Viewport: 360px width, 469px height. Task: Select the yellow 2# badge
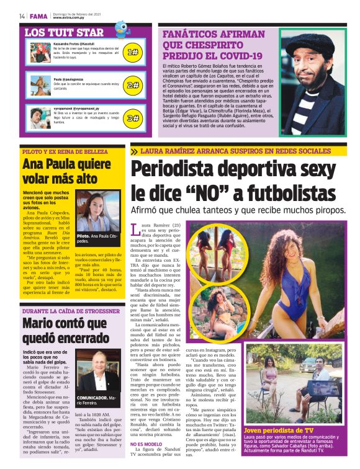[133, 84]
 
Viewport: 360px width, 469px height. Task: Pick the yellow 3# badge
[133, 117]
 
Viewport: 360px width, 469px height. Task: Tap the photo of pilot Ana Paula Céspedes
[98, 211]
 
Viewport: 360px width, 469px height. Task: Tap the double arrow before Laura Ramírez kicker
[134, 151]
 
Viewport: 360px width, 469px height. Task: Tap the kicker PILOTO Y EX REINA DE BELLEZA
[65, 151]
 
